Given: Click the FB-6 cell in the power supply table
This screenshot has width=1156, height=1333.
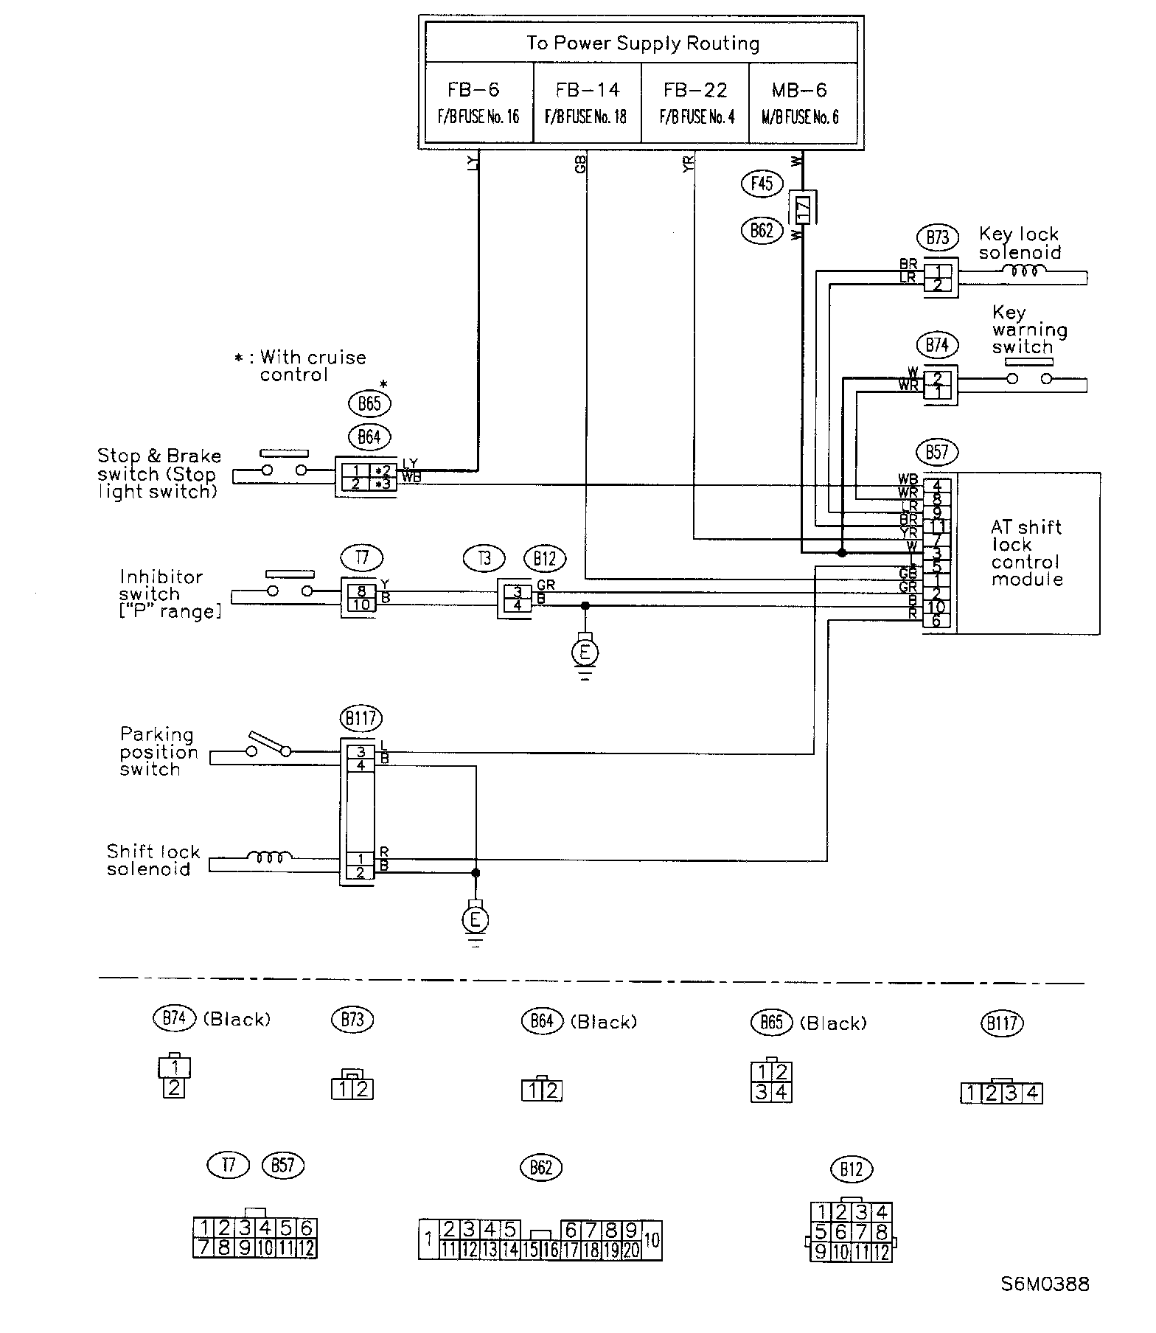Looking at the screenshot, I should [478, 102].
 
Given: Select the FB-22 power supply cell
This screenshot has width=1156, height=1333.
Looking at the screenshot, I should [694, 102].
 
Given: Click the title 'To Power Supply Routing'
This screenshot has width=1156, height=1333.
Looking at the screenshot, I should [642, 43].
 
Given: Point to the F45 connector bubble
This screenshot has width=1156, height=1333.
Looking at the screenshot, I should [762, 183].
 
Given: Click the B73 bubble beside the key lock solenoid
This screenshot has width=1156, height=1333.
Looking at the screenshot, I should [937, 237].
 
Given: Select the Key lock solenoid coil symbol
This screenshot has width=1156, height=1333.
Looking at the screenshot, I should [1023, 271].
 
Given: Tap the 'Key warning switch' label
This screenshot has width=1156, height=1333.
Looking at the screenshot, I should [1029, 330].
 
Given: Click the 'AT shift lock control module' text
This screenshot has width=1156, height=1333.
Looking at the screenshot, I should [1027, 553].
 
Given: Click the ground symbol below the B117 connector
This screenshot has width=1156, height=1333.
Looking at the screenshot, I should [476, 920].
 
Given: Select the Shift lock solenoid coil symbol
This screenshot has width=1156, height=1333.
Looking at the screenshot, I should [269, 857].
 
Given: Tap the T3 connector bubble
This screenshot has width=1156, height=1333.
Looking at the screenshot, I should [484, 558].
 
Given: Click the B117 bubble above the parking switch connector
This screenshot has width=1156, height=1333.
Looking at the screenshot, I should [361, 717].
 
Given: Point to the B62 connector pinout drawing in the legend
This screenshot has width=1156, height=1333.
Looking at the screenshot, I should [540, 1240].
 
